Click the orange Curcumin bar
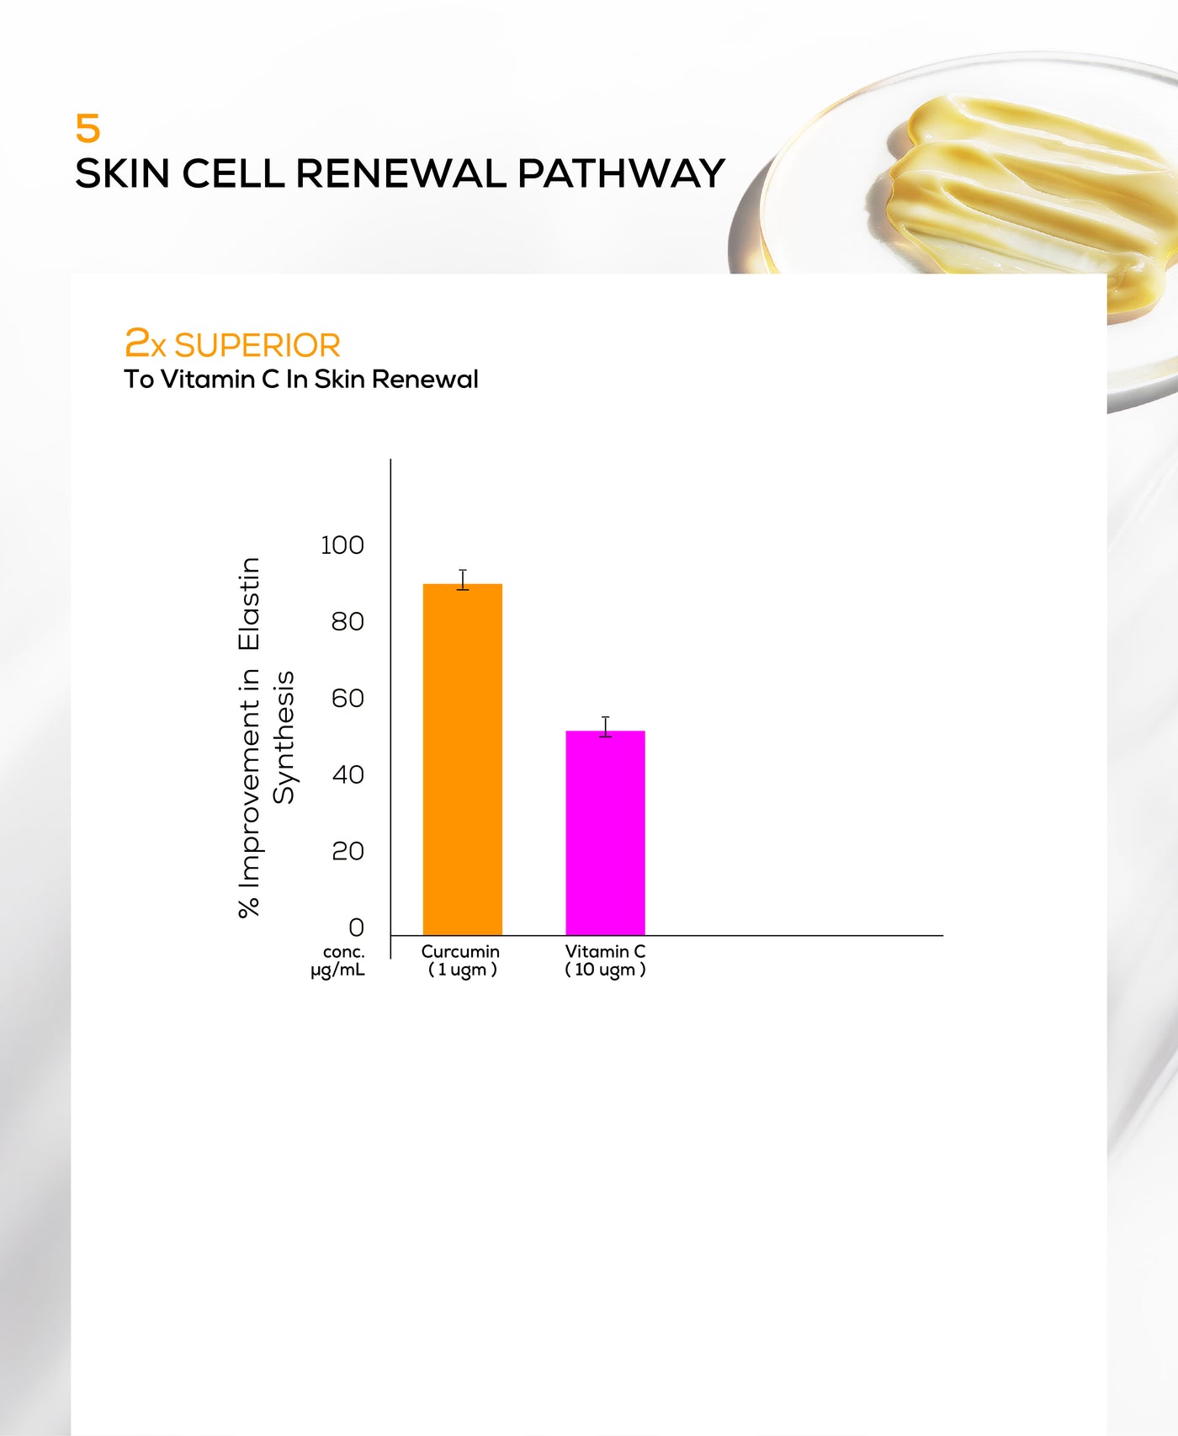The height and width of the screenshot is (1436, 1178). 463,759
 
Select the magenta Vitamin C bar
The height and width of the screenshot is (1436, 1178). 605,832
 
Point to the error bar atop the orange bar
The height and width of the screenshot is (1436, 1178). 463,580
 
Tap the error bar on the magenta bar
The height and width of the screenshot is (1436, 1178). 605,727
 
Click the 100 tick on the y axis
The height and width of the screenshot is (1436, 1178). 342,545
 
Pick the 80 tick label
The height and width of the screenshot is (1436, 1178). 348,622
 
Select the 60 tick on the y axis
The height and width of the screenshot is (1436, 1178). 348,698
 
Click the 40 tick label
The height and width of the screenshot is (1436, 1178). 348,774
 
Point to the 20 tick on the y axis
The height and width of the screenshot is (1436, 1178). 348,851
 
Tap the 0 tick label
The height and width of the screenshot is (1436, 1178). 356,928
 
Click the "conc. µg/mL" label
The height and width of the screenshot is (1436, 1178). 338,961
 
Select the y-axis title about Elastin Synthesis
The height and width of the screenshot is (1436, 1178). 266,737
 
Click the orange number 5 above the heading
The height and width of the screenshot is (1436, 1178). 88,129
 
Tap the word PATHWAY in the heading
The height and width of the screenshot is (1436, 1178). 621,173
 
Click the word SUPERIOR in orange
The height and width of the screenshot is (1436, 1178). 257,346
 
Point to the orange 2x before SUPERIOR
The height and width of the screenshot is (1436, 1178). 146,343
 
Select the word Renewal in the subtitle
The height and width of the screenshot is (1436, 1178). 425,380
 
